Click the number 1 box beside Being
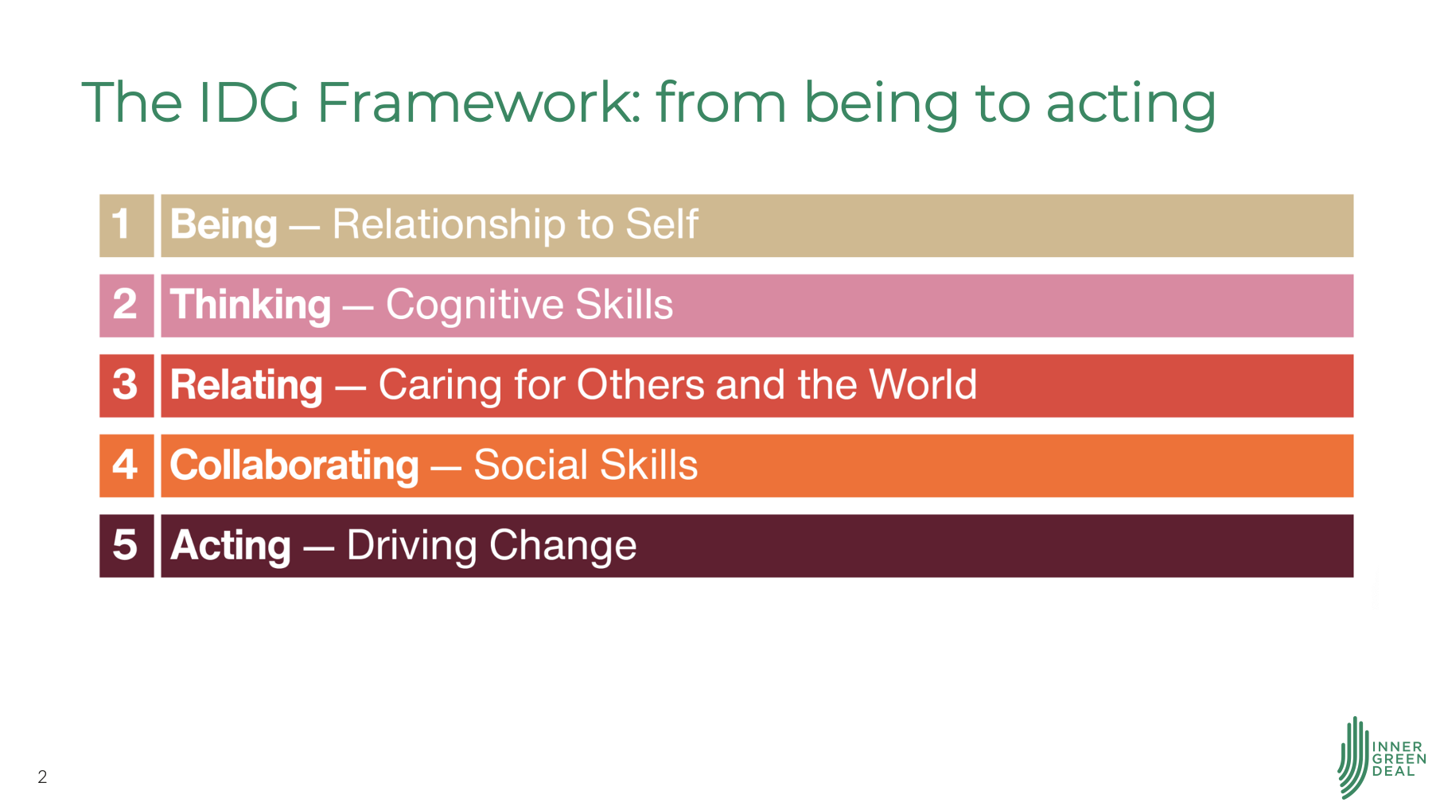[x=126, y=225]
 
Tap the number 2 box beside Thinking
[x=126, y=306]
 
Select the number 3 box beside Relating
[x=126, y=386]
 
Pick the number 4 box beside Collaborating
[x=126, y=465]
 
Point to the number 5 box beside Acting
[x=126, y=546]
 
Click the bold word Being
[x=224, y=225]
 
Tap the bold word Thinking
[x=251, y=306]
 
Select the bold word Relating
[x=247, y=386]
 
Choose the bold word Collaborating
[x=294, y=465]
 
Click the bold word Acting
[x=231, y=547]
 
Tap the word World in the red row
[x=923, y=384]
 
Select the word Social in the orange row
[x=531, y=465]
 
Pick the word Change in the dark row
[x=563, y=547]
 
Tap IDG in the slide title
[x=249, y=103]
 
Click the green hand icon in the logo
[x=1352, y=757]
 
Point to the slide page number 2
[x=42, y=777]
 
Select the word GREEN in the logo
[x=1399, y=759]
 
